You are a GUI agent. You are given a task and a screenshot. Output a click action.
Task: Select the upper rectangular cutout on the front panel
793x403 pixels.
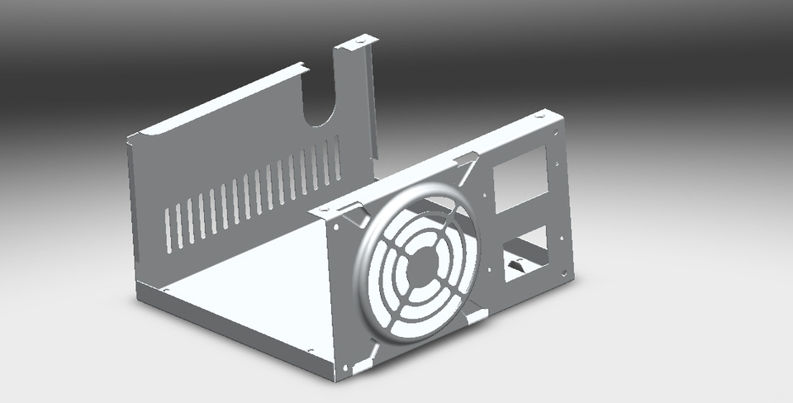[520, 178]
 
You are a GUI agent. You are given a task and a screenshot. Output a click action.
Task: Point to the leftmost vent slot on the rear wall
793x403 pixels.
[168, 229]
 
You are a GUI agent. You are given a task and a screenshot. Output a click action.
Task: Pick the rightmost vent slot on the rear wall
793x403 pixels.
[337, 157]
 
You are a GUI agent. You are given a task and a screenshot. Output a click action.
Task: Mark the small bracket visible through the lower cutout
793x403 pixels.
[519, 266]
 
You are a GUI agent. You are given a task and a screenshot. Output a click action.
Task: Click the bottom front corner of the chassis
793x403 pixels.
[335, 378]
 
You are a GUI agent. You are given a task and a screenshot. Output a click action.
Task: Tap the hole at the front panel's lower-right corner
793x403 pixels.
[563, 270]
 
